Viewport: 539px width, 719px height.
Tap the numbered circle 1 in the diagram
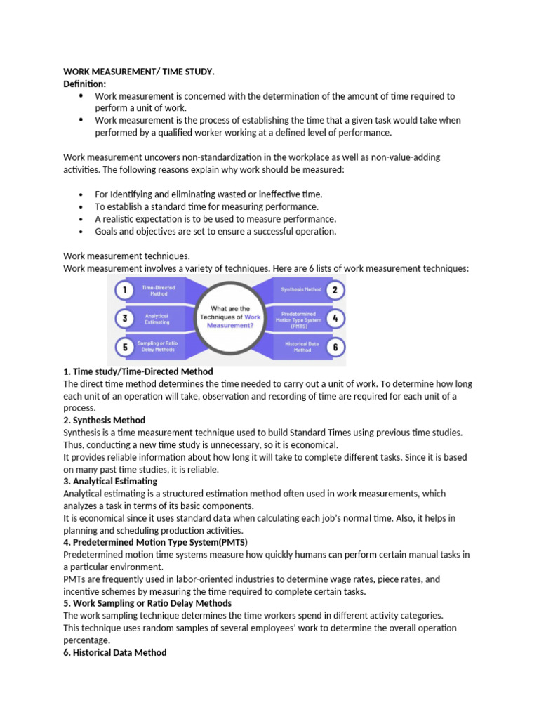pyautogui.click(x=125, y=290)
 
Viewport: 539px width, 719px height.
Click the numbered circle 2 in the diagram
pyautogui.click(x=335, y=289)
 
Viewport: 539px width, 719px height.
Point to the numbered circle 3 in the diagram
pyautogui.click(x=125, y=318)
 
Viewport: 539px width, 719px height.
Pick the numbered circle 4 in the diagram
pyautogui.click(x=335, y=318)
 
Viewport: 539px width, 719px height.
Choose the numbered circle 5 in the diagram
pyautogui.click(x=125, y=346)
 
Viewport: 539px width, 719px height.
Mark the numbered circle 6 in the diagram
pyautogui.click(x=335, y=346)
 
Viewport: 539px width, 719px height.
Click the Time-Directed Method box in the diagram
pyautogui.click(x=159, y=290)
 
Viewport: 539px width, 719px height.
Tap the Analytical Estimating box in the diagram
pyautogui.click(x=157, y=318)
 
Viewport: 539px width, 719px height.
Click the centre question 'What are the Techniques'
pyautogui.click(x=229, y=317)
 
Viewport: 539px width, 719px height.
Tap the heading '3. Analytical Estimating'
pyautogui.click(x=110, y=482)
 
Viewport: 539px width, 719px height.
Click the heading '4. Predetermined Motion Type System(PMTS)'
pyautogui.click(x=155, y=543)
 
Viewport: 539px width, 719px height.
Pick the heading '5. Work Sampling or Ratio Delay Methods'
pyautogui.click(x=147, y=603)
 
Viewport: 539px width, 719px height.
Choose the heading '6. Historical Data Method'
pyautogui.click(x=115, y=652)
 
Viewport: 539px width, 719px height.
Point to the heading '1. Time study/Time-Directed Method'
pyautogui.click(x=138, y=371)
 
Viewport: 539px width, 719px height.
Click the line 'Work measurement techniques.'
pyautogui.click(x=127, y=256)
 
